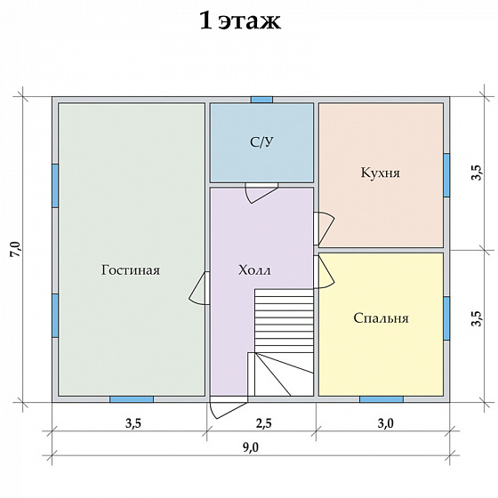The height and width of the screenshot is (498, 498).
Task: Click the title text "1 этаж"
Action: pyautogui.click(x=240, y=21)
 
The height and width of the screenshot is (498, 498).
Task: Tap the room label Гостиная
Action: pyautogui.click(x=131, y=270)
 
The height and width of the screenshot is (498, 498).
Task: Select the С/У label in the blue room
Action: pyautogui.click(x=261, y=142)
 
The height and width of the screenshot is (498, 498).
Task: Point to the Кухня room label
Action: pyautogui.click(x=381, y=173)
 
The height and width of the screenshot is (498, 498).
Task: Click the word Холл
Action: pyautogui.click(x=255, y=270)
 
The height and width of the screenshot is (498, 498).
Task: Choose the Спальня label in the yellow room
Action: pyautogui.click(x=381, y=317)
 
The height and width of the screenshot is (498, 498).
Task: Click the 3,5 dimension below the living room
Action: pyautogui.click(x=133, y=423)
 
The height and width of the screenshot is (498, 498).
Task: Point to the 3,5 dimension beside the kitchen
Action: pyautogui.click(x=476, y=173)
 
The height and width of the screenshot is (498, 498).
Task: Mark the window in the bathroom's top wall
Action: pyautogui.click(x=261, y=100)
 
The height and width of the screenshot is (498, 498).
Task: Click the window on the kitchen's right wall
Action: pyautogui.click(x=446, y=173)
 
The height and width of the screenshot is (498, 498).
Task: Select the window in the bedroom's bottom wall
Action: pyautogui.click(x=381, y=398)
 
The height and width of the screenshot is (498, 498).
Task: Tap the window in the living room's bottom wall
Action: pyautogui.click(x=132, y=398)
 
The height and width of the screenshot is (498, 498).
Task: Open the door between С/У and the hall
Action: pyautogui.click(x=261, y=191)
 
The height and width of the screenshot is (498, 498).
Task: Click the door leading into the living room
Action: pyautogui.click(x=199, y=289)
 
